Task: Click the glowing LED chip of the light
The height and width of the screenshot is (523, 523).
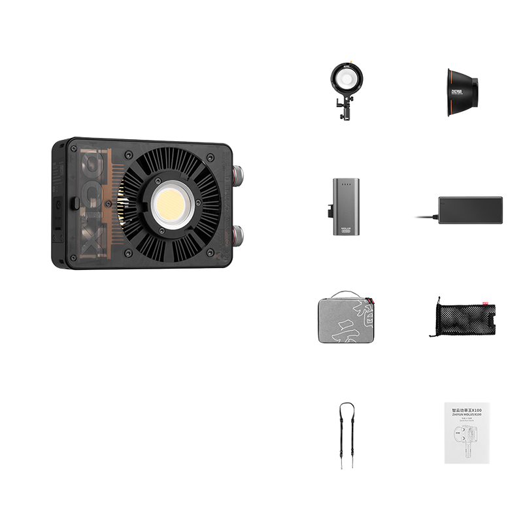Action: (172, 205)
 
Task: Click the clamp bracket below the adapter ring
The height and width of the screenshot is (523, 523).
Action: (343, 108)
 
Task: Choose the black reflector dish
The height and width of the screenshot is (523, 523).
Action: (462, 92)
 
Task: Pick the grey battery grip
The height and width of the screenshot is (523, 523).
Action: (346, 206)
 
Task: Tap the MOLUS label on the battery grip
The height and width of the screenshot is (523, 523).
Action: (346, 227)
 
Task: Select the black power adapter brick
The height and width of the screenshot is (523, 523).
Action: (470, 210)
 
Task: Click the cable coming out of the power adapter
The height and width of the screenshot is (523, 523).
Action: (426, 216)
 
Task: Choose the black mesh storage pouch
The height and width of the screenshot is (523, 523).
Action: (462, 318)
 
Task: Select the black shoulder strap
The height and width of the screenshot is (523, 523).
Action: (346, 435)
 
